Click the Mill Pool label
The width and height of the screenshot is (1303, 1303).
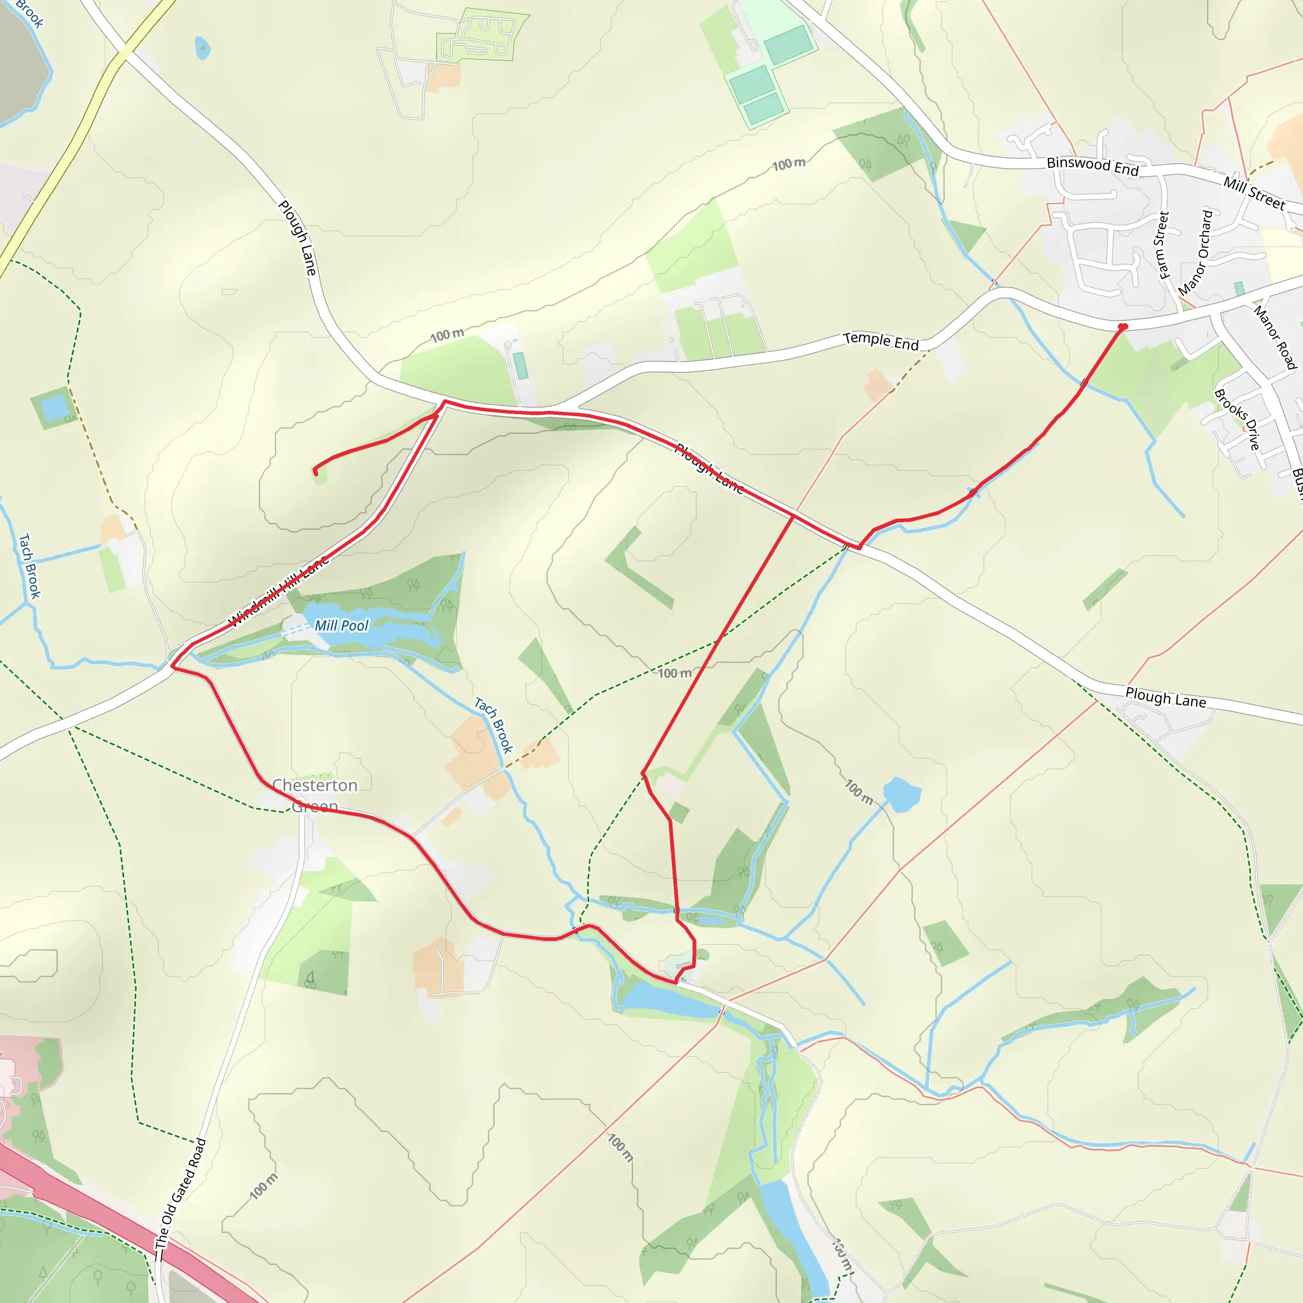(x=341, y=626)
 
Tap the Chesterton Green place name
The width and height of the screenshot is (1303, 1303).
(x=315, y=796)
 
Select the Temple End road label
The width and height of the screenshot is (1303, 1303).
(x=881, y=341)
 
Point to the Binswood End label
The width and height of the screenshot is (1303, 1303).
(x=1092, y=166)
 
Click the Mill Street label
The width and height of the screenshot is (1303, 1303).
(x=1254, y=193)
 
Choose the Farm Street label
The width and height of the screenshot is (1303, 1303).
(x=1163, y=245)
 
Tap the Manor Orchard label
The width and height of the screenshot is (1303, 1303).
(x=1195, y=253)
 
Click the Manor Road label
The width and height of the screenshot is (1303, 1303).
(x=1274, y=337)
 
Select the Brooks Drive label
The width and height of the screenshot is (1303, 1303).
(x=1237, y=419)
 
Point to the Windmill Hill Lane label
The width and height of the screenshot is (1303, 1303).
(x=279, y=591)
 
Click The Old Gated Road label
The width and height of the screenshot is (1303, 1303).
(x=180, y=1193)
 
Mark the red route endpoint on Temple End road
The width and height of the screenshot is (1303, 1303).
(x=1123, y=327)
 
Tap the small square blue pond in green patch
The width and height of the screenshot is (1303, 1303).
(x=54, y=407)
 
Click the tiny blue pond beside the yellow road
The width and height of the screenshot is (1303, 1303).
(x=202, y=48)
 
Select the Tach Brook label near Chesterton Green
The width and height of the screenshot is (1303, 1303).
(x=494, y=725)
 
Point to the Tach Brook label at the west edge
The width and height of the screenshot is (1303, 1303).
(x=29, y=566)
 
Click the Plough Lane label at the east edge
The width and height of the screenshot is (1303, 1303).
(x=1166, y=697)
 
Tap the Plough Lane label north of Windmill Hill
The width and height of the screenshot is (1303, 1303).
(x=297, y=237)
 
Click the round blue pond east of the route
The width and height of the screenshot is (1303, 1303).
(x=901, y=795)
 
